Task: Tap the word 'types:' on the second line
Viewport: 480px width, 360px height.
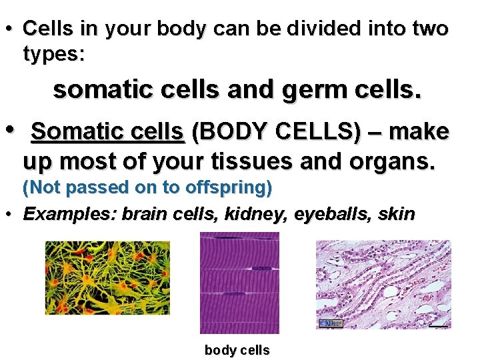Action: (54, 54)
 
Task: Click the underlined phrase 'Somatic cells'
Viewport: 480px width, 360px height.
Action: (107, 132)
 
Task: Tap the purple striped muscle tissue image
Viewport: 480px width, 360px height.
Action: (239, 283)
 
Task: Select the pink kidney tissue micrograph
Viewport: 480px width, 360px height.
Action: (383, 285)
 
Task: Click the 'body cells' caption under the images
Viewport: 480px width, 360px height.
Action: (237, 350)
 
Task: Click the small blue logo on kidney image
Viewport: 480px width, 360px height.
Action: (331, 323)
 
